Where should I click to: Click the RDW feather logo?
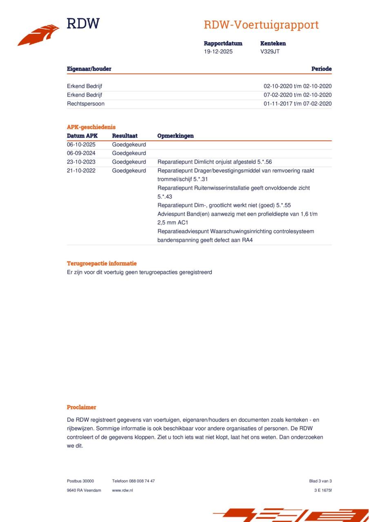pyautogui.click(x=38, y=35)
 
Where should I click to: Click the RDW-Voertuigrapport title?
pyautogui.click(x=261, y=25)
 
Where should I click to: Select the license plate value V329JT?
pyautogui.click(x=270, y=51)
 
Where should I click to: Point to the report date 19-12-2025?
pyautogui.click(x=218, y=51)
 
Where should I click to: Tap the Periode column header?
pyautogui.click(x=321, y=69)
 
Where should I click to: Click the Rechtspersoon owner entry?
pyautogui.click(x=86, y=104)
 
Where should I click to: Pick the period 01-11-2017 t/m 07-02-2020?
pyautogui.click(x=297, y=104)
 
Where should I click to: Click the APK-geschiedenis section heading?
pyautogui.click(x=91, y=127)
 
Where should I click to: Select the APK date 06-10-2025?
pyautogui.click(x=81, y=144)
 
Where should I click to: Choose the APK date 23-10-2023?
pyautogui.click(x=81, y=162)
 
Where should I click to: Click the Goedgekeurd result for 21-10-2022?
pyautogui.click(x=129, y=170)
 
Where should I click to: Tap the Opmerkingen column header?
pyautogui.click(x=176, y=136)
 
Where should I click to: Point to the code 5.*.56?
pyautogui.click(x=265, y=162)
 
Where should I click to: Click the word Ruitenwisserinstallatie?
pyautogui.click(x=218, y=188)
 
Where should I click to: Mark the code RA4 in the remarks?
pyautogui.click(x=247, y=240)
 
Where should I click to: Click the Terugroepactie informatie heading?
pyautogui.click(x=102, y=263)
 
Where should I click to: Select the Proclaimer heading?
pyautogui.click(x=82, y=407)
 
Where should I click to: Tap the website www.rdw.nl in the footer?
pyautogui.click(x=122, y=490)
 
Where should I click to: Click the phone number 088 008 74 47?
pyautogui.click(x=142, y=481)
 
